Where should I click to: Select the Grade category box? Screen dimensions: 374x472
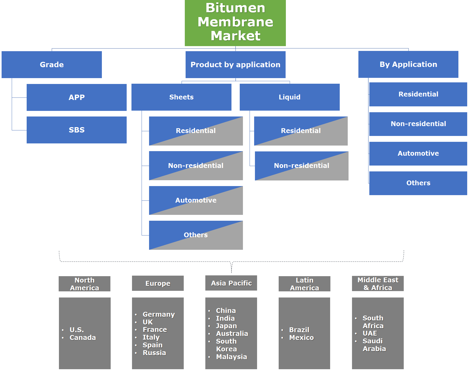point(51,65)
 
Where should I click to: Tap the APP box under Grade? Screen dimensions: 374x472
point(77,97)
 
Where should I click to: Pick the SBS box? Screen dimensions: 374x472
point(77,130)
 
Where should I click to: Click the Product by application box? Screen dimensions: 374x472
point(235,65)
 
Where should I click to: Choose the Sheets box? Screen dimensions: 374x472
point(181,97)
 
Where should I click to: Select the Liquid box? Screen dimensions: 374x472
point(290,97)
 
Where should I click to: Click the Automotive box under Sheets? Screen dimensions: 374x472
point(196,200)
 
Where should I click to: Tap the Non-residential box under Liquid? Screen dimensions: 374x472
point(302,166)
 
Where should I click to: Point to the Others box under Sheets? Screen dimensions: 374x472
point(196,235)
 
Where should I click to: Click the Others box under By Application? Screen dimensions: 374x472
point(418,183)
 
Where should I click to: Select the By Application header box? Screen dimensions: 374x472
point(408,64)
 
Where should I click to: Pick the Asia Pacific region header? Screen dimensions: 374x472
point(231,283)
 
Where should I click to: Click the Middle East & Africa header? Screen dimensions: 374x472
point(378,284)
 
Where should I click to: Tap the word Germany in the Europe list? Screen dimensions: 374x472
point(159,314)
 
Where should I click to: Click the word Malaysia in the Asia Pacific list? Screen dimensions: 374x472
point(231,357)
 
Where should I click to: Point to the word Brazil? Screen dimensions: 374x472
point(299,330)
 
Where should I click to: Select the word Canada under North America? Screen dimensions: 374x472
point(83,337)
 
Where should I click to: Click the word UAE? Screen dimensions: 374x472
point(370,333)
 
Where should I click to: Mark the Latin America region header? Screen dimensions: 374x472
point(304,284)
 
